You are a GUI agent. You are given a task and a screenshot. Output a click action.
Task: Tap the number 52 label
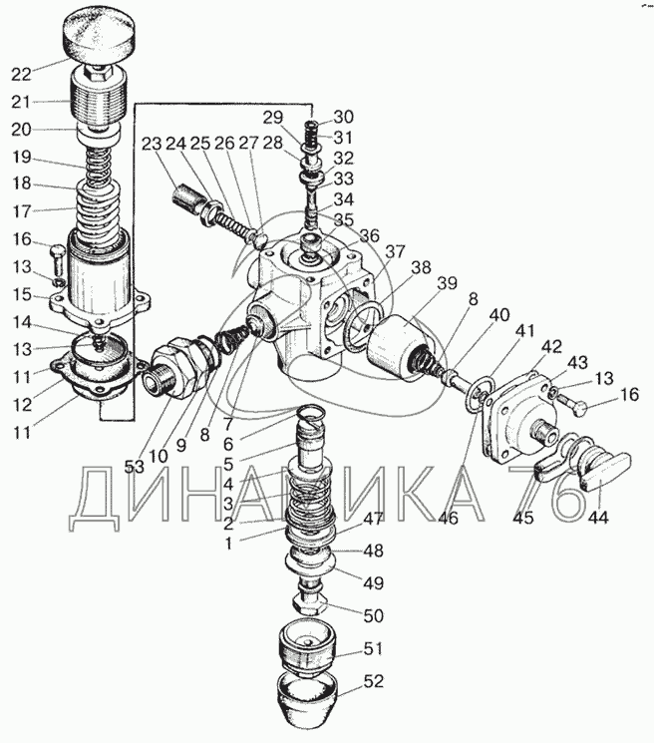[x=373, y=683]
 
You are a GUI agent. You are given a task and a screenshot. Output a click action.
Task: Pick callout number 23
[x=152, y=144]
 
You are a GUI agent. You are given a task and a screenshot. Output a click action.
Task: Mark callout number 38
[x=421, y=267]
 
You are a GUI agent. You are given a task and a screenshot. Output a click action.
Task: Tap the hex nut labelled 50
[x=307, y=604]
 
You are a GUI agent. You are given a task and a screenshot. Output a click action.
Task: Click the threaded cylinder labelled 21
[x=98, y=101]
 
